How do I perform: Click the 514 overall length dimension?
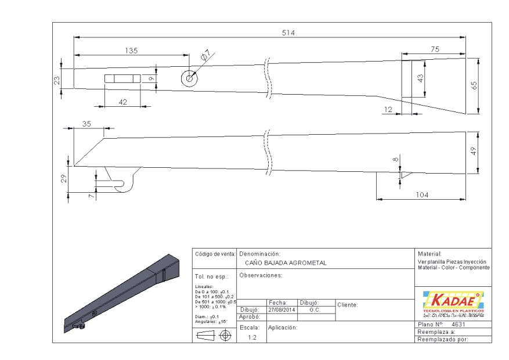pos(288,33)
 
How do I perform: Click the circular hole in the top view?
pos(189,79)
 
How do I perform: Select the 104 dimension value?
pos(421,195)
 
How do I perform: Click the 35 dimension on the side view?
pos(88,123)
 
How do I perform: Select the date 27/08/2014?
pos(282,310)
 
